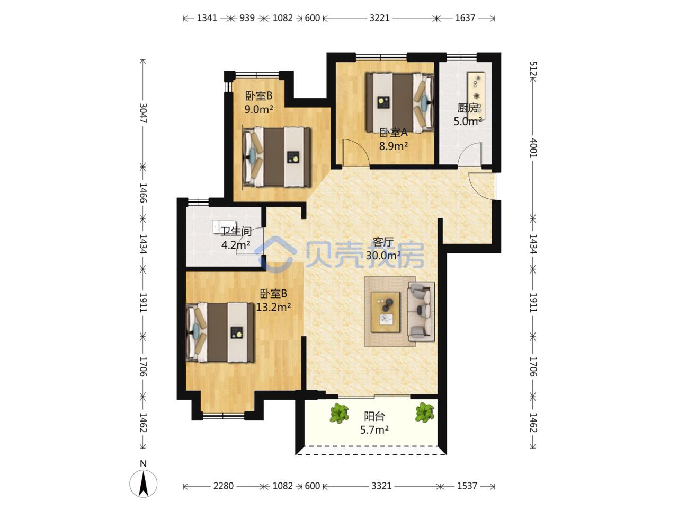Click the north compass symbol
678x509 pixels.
tap(143, 484)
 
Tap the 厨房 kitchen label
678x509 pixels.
tap(468, 108)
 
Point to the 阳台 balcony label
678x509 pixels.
tap(374, 416)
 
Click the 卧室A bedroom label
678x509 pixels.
tap(394, 133)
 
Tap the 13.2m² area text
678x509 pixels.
tap(273, 307)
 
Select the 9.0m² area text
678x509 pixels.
tap(259, 109)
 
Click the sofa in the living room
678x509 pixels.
tap(421, 311)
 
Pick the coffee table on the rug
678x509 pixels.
tap(386, 312)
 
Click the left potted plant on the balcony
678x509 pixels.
tap(340, 413)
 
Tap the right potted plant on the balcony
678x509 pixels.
tap(425, 413)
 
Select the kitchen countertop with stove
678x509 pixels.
tap(476, 96)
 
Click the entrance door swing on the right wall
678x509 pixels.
tap(482, 186)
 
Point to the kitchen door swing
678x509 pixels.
tap(469, 154)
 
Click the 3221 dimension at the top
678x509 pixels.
tap(380, 18)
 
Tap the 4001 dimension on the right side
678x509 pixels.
tap(533, 148)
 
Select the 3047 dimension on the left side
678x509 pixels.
tap(143, 113)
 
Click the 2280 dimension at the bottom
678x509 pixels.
tap(224, 486)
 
